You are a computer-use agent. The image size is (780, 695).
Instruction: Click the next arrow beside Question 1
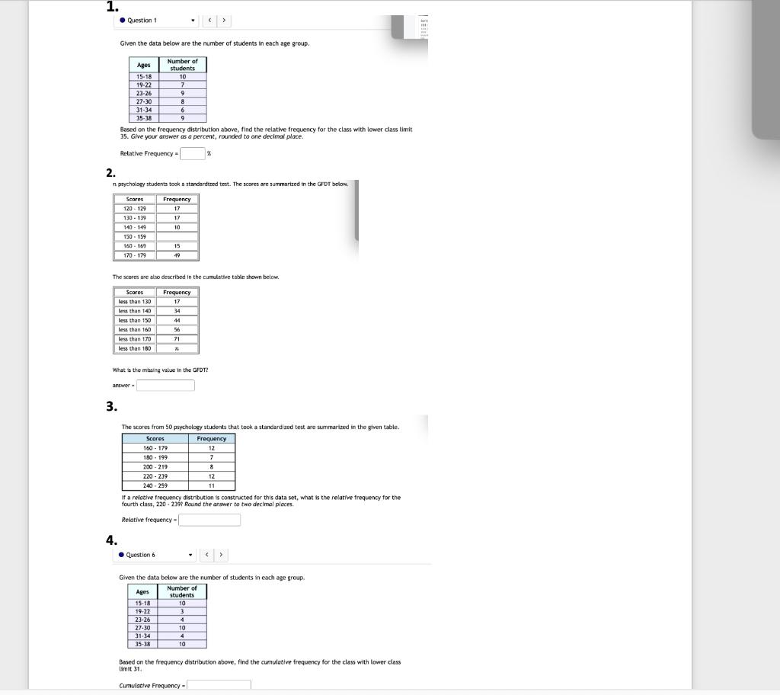click(x=224, y=21)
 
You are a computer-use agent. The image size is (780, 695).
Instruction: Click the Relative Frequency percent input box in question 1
click(x=193, y=153)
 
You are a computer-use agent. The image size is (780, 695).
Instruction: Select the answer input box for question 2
click(x=165, y=386)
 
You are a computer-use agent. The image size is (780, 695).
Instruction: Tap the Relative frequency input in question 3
click(x=209, y=520)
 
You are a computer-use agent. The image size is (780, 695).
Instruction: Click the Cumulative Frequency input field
click(x=219, y=685)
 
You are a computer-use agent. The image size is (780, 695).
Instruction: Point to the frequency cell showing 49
click(x=177, y=255)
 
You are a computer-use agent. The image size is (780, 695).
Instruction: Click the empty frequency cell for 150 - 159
click(x=177, y=236)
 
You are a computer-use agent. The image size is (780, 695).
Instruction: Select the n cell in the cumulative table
click(x=177, y=348)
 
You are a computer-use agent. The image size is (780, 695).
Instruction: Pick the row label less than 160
click(x=135, y=330)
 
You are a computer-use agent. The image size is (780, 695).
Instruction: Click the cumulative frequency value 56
click(x=177, y=330)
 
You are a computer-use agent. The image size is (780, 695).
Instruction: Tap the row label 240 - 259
click(x=155, y=485)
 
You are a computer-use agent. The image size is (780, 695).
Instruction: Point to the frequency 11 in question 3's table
click(x=212, y=485)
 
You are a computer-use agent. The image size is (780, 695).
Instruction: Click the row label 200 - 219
click(x=155, y=466)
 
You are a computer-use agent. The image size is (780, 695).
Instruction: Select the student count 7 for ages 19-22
click(x=182, y=85)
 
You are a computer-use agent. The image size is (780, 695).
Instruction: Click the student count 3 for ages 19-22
click(x=182, y=611)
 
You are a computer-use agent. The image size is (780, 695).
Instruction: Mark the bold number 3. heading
click(x=112, y=406)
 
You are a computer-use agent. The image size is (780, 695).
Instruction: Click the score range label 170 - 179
click(x=135, y=255)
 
